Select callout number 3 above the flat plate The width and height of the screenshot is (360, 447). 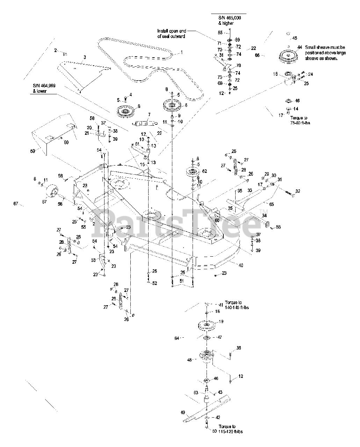pos(84,57)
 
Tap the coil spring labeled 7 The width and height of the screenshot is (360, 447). pos(144,123)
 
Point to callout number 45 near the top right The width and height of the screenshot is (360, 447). pos(295,38)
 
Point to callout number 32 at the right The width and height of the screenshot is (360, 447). pos(298,191)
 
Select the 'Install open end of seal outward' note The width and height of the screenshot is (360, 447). pos(171,33)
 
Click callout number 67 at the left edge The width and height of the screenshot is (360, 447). pos(15,204)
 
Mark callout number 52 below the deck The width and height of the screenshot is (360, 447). pos(154,283)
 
